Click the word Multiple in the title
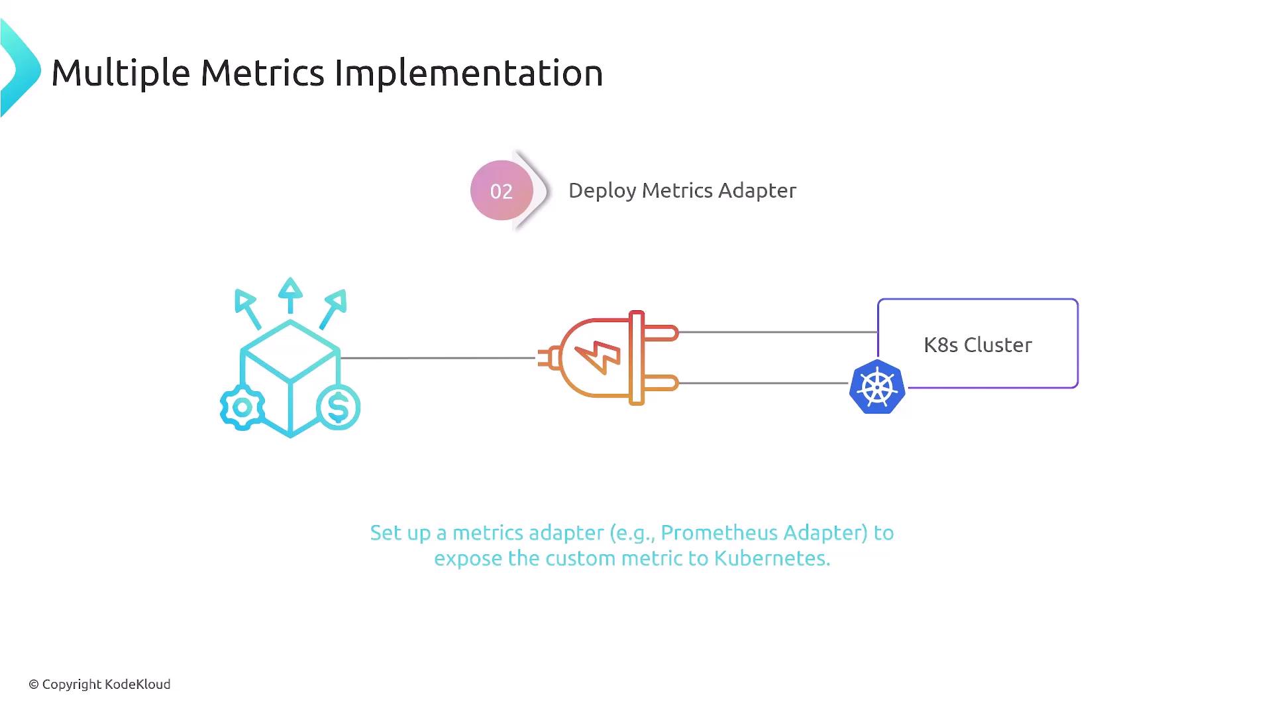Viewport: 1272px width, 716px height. pos(121,74)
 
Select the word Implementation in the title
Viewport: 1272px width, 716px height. pos(468,73)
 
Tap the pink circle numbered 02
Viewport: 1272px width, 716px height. pos(502,190)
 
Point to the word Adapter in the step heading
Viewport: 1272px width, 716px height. pos(757,191)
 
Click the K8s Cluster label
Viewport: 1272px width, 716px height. pos(978,345)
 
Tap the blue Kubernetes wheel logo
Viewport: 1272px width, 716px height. pos(877,387)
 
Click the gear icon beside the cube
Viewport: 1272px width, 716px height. pos(242,407)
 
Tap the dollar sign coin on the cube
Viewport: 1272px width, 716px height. pos(338,407)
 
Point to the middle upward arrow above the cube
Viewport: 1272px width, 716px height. pos(290,295)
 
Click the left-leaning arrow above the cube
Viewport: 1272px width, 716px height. pos(247,309)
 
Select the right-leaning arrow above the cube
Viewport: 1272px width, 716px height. pos(333,309)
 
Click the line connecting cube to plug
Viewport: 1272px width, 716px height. pos(438,358)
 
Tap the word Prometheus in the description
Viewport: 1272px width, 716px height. pos(718,533)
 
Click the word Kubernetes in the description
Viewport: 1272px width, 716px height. pos(772,559)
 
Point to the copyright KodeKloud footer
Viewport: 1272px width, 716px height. pos(99,685)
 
